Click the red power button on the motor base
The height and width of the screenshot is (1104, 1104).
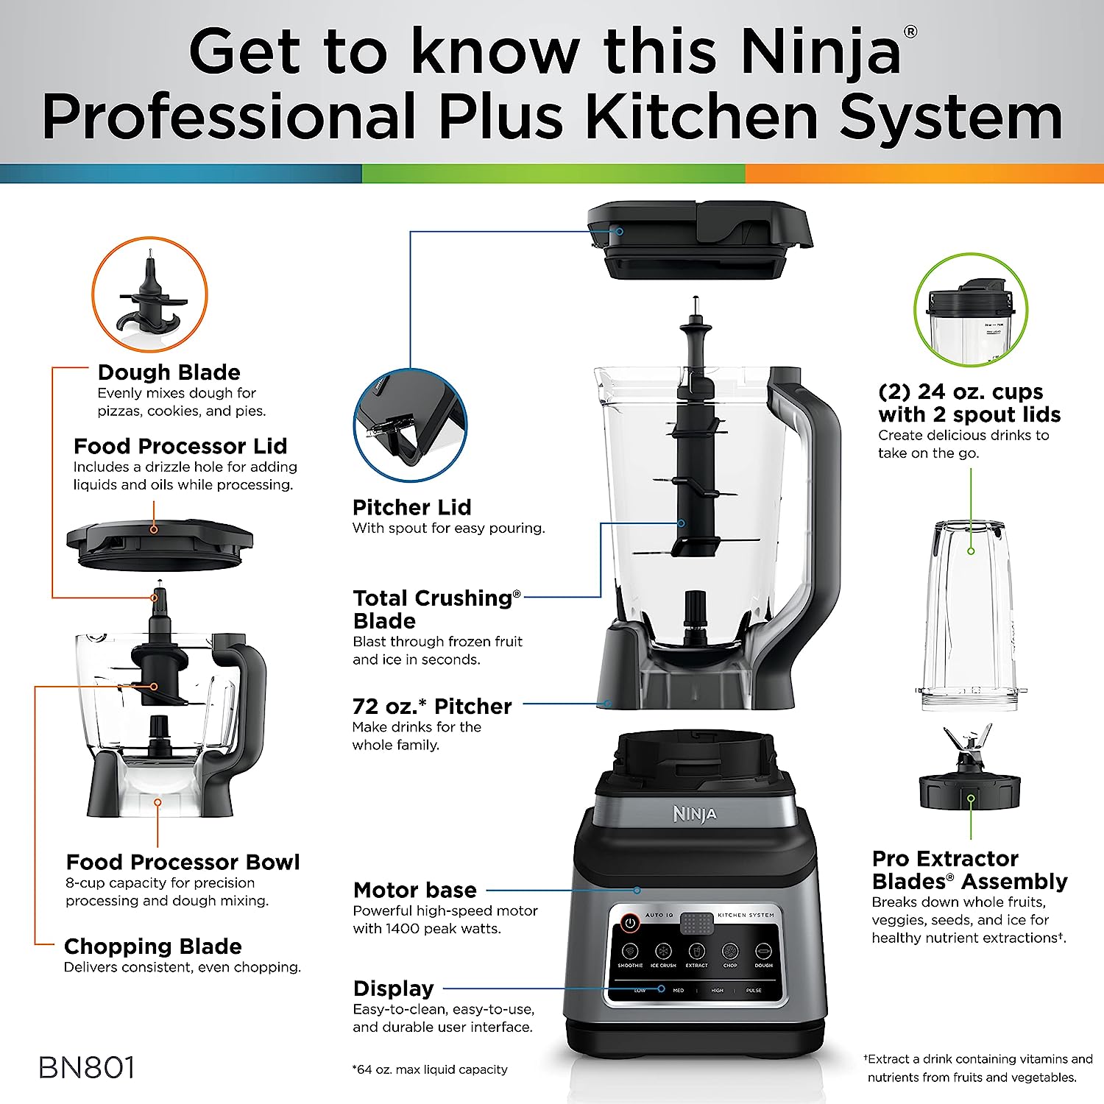pyautogui.click(x=629, y=922)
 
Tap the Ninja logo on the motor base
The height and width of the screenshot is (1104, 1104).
pyautogui.click(x=694, y=814)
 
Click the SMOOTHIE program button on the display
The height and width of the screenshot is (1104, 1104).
pyautogui.click(x=630, y=952)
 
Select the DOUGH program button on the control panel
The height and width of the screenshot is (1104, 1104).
pyautogui.click(x=763, y=952)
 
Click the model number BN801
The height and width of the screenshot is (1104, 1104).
pyautogui.click(x=87, y=1068)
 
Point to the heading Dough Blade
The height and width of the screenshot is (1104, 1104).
pyautogui.click(x=169, y=372)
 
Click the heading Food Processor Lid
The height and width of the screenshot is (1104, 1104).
pyautogui.click(x=180, y=446)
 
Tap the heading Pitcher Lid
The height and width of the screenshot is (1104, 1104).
pyautogui.click(x=411, y=507)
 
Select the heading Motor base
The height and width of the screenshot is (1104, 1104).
pyautogui.click(x=414, y=890)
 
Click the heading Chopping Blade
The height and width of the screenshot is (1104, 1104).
pyautogui.click(x=152, y=946)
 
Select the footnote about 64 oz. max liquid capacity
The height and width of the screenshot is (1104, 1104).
pyautogui.click(x=430, y=1069)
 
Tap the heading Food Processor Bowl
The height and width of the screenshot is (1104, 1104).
pyautogui.click(x=183, y=862)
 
